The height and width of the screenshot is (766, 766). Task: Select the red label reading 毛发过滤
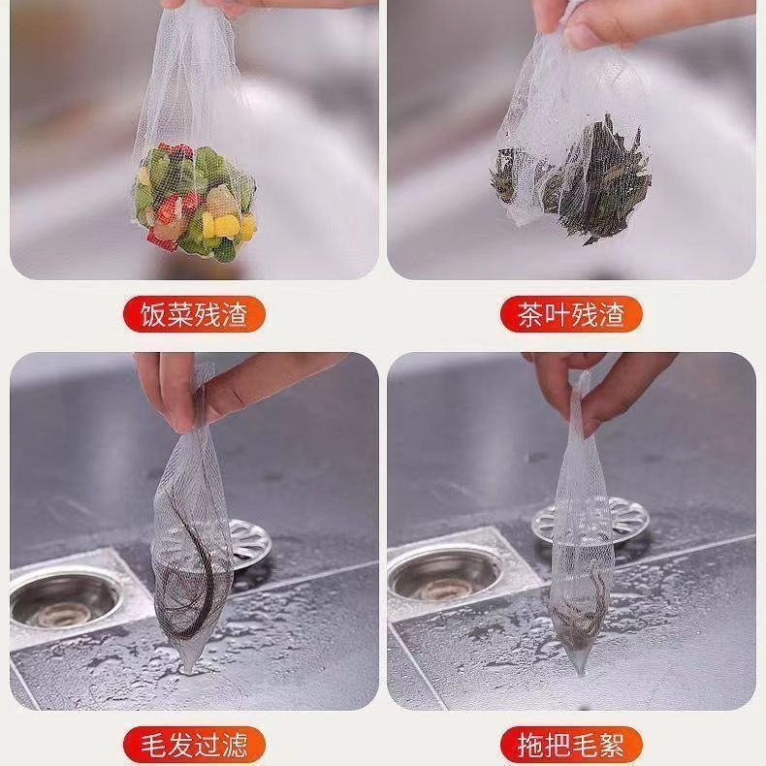[194, 745]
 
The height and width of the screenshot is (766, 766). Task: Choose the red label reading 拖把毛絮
[571, 745]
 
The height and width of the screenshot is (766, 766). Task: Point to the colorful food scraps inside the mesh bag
[194, 204]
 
